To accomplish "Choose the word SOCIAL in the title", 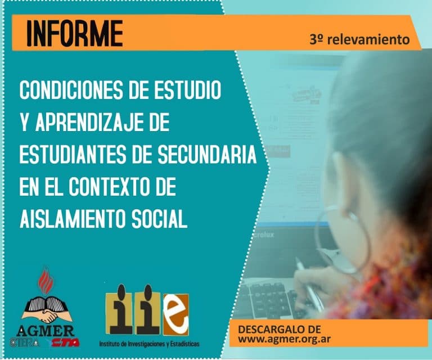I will click(160, 220).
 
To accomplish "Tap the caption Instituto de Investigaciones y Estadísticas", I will click(148, 343).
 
